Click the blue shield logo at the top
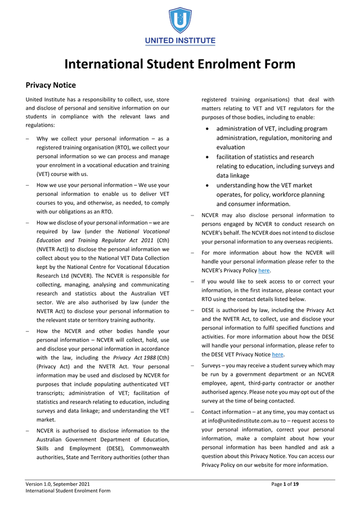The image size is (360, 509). (180, 20)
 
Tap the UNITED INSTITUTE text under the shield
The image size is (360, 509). (180, 41)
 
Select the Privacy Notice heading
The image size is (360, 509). (51, 85)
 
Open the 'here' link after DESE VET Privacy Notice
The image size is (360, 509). (277, 354)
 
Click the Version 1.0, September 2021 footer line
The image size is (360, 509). (57, 484)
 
